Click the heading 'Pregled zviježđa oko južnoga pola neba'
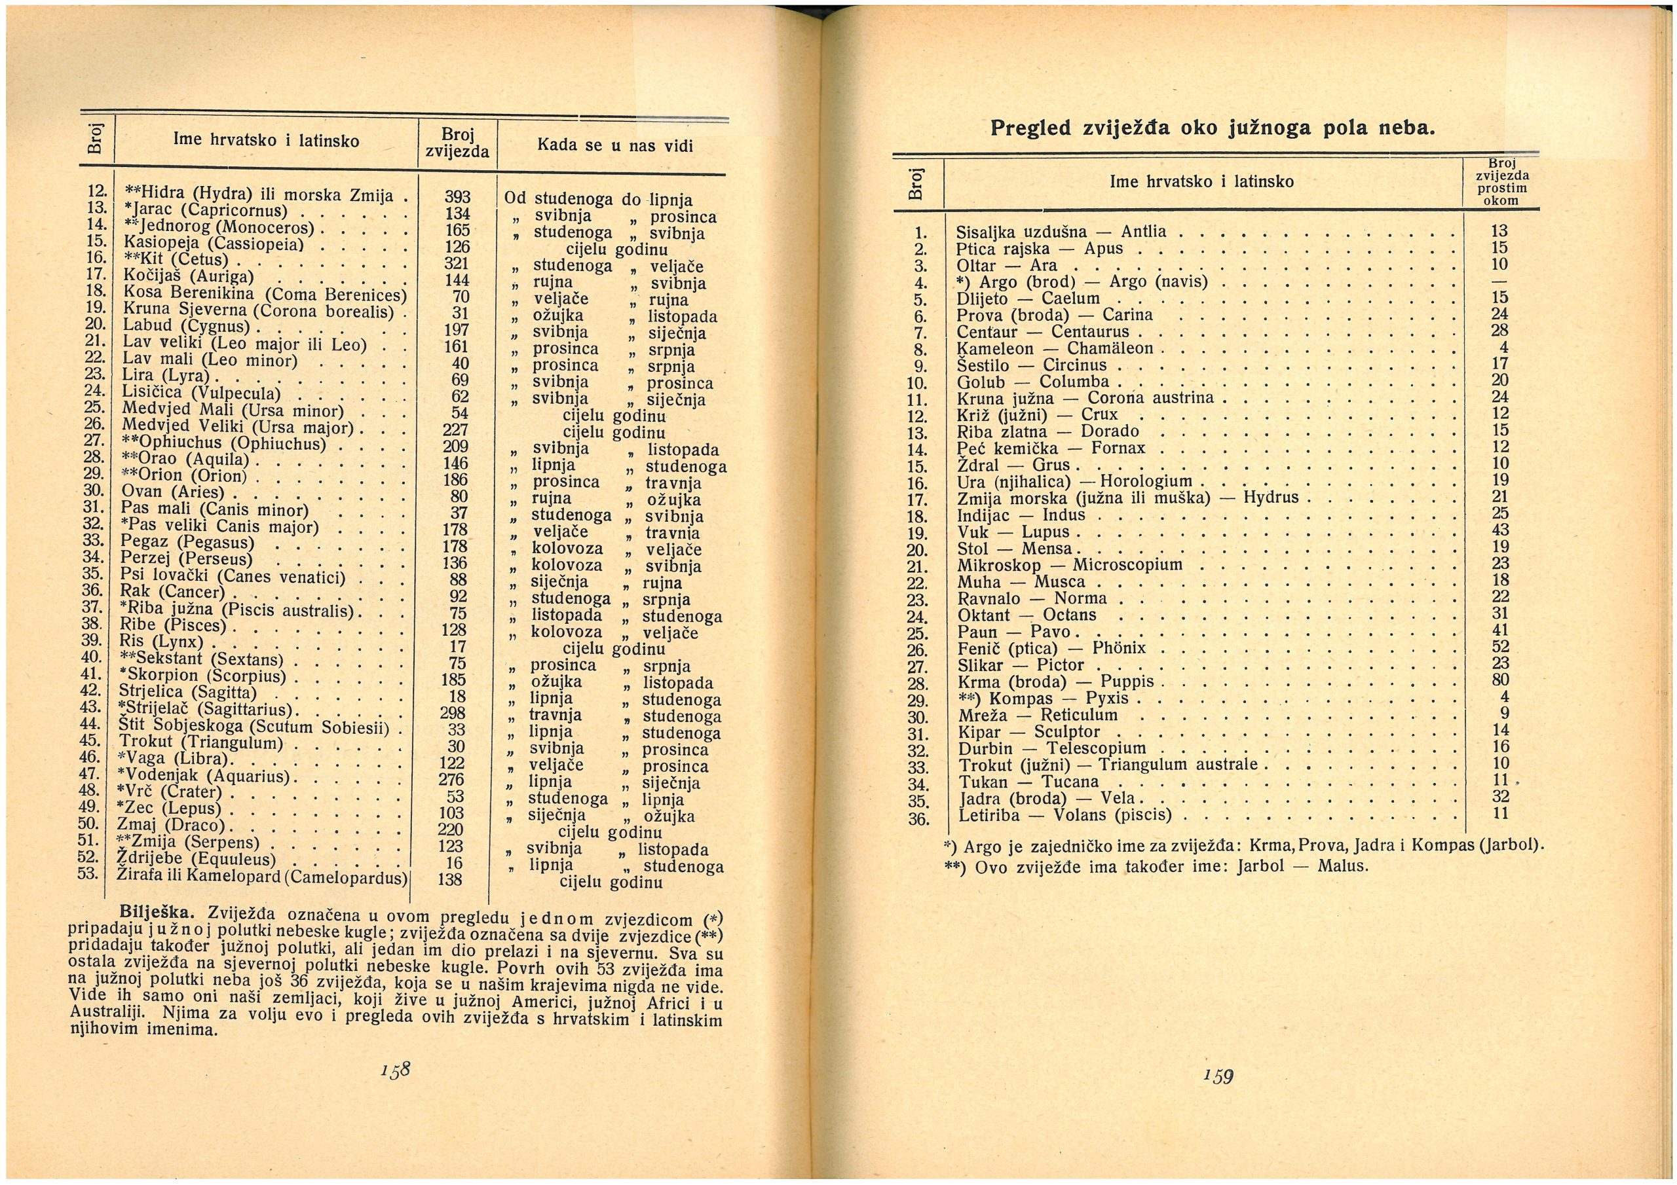[1213, 129]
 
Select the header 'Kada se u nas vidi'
[614, 145]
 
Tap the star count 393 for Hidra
[458, 198]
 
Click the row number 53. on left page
[88, 873]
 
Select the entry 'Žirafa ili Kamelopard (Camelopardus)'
[261, 875]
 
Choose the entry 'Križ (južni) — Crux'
[1037, 414]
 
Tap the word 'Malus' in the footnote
[1342, 867]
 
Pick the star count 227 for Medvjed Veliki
[455, 430]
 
